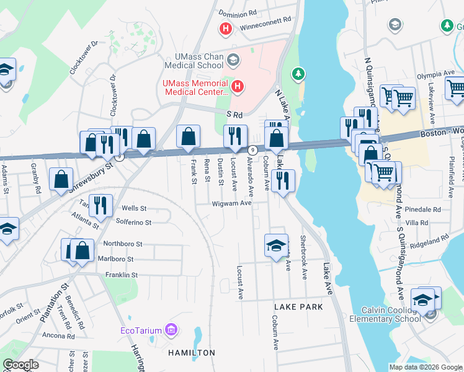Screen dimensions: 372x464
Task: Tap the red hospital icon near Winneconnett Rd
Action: (x=226, y=28)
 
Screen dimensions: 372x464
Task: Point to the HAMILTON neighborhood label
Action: (x=191, y=353)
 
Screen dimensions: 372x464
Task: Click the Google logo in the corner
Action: (x=20, y=364)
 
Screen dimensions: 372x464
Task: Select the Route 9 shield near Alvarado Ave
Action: (x=252, y=150)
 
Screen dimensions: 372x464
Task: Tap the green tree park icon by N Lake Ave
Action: (x=299, y=74)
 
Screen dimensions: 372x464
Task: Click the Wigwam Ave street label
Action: (x=231, y=203)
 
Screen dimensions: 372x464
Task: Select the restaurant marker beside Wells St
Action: (x=100, y=206)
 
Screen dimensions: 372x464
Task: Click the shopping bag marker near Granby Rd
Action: (x=61, y=180)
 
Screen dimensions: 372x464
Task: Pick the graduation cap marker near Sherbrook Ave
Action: (x=276, y=246)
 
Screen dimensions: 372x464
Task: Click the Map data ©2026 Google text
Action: (x=426, y=367)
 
